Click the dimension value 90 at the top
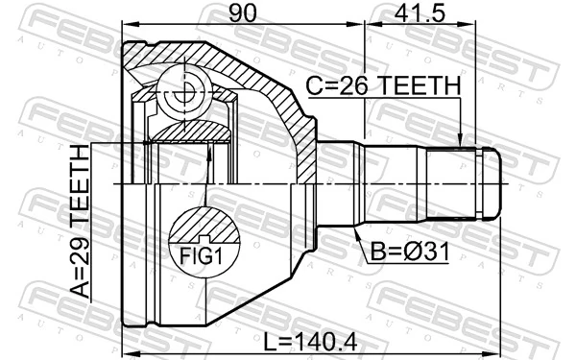242,12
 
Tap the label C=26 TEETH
383,86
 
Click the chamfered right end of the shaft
497,183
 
